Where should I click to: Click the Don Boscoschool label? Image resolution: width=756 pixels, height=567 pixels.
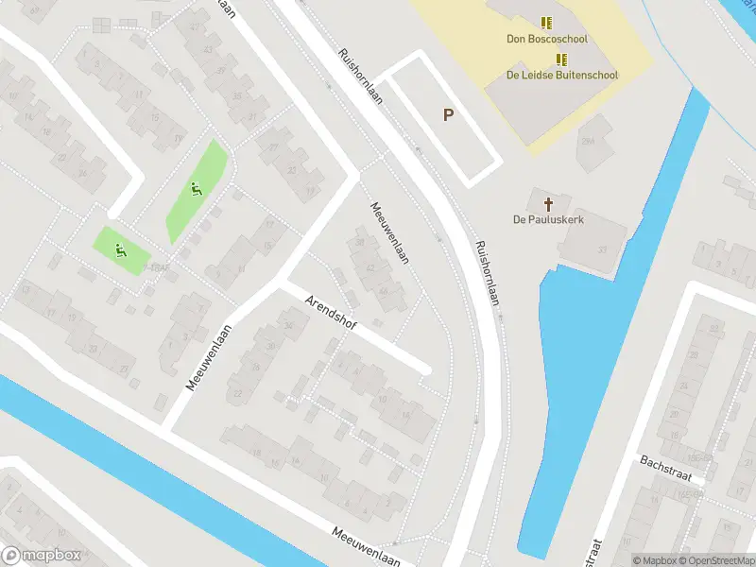point(547,39)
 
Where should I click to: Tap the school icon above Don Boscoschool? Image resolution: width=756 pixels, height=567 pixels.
point(547,22)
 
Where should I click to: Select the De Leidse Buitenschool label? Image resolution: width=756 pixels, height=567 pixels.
point(561,75)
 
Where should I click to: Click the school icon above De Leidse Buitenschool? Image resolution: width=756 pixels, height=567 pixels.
point(561,59)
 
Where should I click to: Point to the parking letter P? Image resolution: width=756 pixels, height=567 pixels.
point(449,115)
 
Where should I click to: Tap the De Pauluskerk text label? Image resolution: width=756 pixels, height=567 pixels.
point(544,219)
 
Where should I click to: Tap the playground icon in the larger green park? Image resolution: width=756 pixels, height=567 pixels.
point(197,189)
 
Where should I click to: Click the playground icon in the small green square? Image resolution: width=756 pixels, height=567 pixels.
point(120,249)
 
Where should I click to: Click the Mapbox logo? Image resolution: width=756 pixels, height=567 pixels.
point(41,556)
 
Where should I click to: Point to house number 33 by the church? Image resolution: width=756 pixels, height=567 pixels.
point(601,249)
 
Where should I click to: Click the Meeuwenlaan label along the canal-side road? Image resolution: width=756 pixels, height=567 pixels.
point(366,547)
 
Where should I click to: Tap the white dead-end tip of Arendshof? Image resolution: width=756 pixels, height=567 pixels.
point(425,369)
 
